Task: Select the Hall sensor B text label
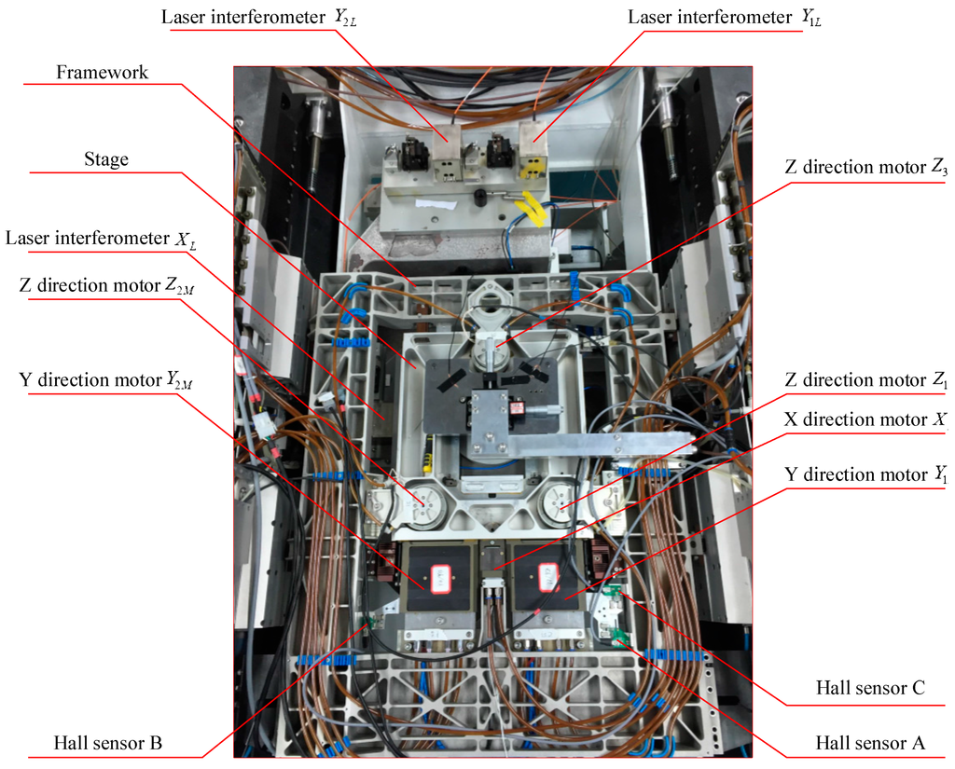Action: click(108, 743)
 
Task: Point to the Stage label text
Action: click(105, 159)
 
